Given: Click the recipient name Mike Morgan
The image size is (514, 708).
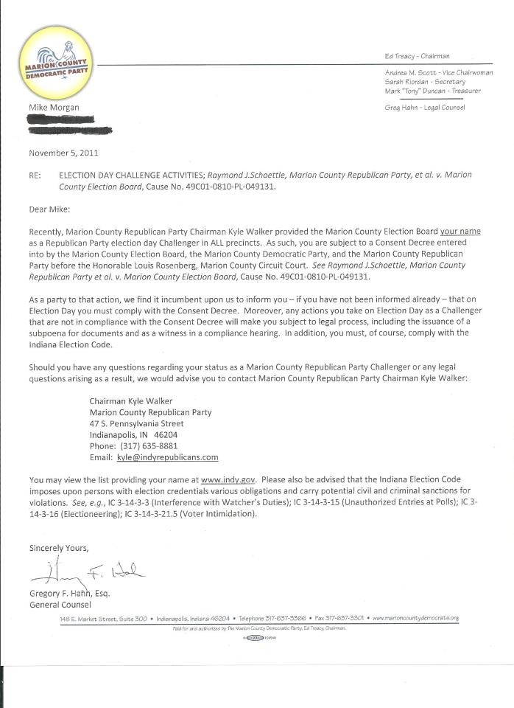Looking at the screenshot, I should (x=54, y=108).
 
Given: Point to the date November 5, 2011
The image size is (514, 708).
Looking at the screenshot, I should (x=63, y=153).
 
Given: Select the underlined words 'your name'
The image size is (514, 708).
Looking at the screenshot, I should (x=460, y=232).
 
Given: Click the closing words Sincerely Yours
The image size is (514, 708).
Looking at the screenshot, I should (x=59, y=548).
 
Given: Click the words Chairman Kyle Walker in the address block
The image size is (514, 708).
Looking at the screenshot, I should (x=126, y=401).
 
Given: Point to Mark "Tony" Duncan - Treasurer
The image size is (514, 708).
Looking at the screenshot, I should (x=432, y=91).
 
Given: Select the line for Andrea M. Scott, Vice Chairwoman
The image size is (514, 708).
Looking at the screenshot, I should (x=438, y=73).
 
